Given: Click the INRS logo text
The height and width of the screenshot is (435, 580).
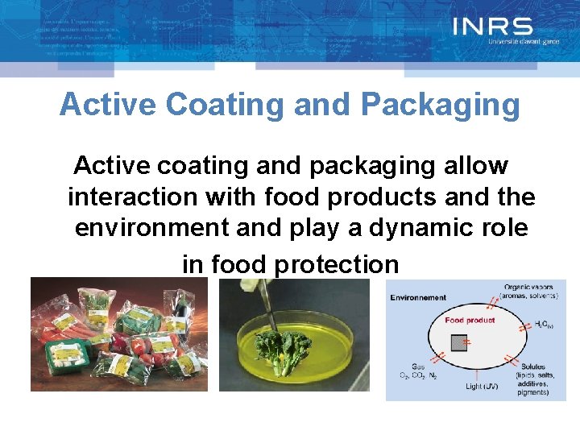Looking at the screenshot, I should click(x=492, y=27).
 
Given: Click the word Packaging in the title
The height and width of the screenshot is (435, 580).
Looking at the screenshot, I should click(x=441, y=105).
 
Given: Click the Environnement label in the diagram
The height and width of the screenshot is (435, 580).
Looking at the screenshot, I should click(x=418, y=297).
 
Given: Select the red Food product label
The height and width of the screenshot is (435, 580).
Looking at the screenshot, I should click(x=470, y=320).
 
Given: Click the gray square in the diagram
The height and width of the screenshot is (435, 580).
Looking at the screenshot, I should click(x=458, y=343).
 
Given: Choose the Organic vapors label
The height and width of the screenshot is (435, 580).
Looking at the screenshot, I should click(x=528, y=288).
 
